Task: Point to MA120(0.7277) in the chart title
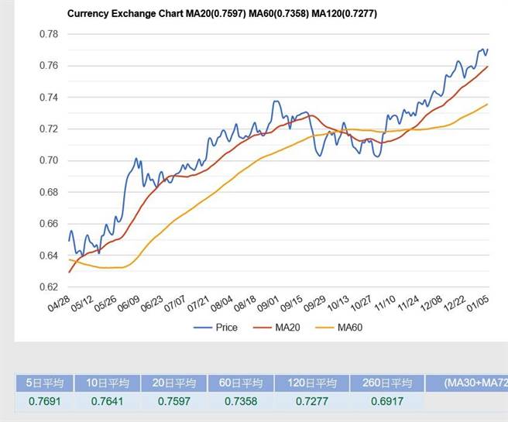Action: [340, 14]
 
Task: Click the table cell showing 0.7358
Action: [243, 402]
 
